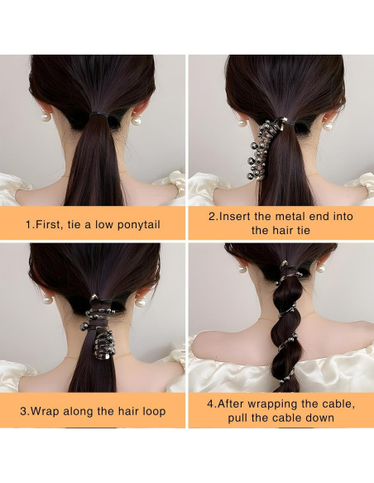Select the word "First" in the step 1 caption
coord(53,223)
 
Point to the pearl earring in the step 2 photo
coord(242,123)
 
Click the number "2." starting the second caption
coord(213,216)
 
